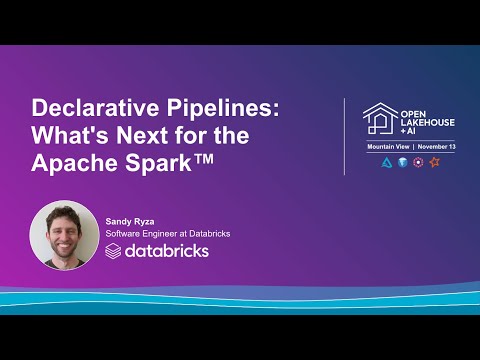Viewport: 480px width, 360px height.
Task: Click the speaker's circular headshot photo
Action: [65, 236]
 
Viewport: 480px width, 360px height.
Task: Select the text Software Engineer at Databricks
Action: [168, 233]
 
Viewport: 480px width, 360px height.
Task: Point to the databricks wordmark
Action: [166, 250]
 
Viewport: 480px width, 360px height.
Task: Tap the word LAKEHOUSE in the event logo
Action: [427, 123]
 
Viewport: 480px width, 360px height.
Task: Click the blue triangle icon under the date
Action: [387, 162]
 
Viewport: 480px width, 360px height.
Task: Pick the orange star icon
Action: [434, 162]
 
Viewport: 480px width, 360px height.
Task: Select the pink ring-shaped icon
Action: [418, 162]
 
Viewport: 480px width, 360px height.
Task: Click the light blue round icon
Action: [402, 162]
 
